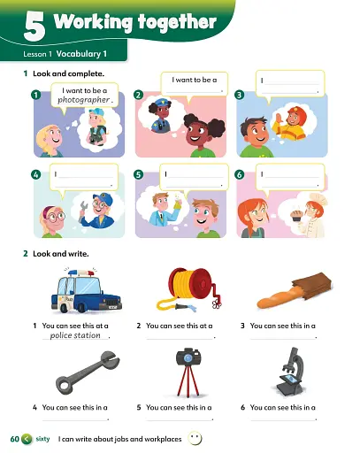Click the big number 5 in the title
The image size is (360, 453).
coord(34,27)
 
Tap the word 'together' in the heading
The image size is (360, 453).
coord(177,22)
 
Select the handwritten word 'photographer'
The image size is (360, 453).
coord(84,100)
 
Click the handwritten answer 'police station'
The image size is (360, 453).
coord(75,335)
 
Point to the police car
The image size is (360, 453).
coord(86,291)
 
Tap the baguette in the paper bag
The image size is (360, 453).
coord(295,290)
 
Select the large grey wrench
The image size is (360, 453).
coord(88,372)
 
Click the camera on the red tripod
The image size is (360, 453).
coord(188,372)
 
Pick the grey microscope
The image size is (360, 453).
coord(289,372)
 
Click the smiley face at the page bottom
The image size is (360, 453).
coord(195,439)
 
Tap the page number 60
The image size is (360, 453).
coord(14,439)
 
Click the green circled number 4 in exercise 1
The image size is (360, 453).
coord(35,174)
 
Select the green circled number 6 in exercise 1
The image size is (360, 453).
coord(240,174)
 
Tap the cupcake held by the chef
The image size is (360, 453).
coord(295,216)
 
